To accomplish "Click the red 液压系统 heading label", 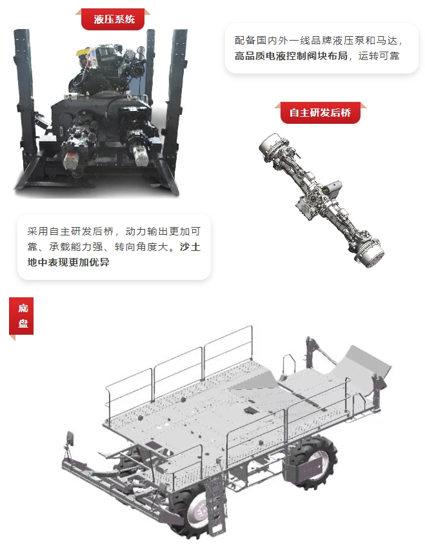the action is [114, 19].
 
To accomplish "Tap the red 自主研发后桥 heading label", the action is [320, 113].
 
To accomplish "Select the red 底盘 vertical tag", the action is [21, 316].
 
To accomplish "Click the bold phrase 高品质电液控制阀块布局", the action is [292, 56].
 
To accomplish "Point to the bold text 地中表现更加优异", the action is [68, 262].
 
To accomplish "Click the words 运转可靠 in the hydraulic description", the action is [379, 56].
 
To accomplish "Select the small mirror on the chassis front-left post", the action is [70, 439].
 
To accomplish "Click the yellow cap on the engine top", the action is [82, 52].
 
